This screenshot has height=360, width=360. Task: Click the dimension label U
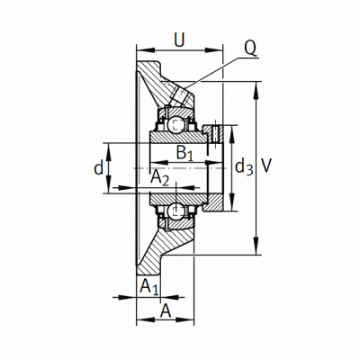point(179,40)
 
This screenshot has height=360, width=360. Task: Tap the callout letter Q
point(250,48)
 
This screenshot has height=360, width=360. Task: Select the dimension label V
point(266,166)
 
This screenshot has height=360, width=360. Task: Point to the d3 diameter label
point(244,167)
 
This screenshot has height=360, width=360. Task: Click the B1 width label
point(185,153)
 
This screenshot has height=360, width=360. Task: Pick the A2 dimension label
point(159,177)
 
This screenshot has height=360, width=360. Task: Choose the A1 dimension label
point(149,286)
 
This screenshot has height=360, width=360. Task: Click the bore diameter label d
point(99,168)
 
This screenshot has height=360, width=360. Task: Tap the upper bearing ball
point(175,124)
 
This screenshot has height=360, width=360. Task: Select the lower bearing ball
point(175,211)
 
